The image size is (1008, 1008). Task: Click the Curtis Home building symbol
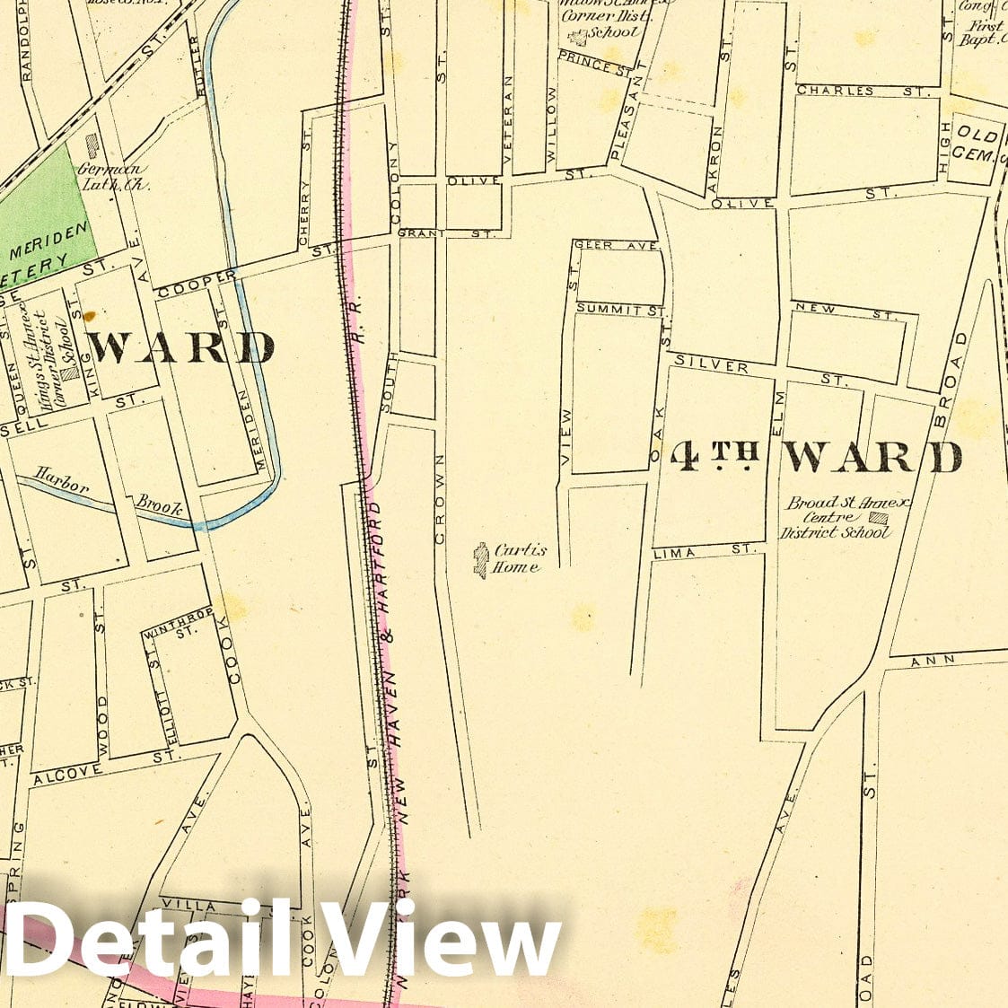click(x=481, y=559)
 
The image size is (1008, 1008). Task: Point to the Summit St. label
click(x=619, y=309)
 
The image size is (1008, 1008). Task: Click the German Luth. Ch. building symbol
click(x=92, y=145)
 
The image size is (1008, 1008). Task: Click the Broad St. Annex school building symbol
click(x=880, y=518)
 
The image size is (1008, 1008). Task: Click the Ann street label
click(x=925, y=662)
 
